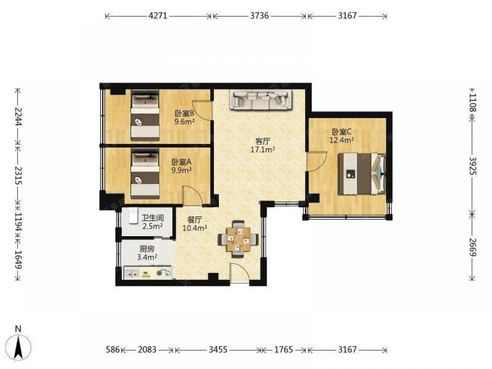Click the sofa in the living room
click(x=261, y=100)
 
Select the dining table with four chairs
click(x=239, y=239)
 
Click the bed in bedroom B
click(x=145, y=116)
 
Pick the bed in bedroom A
click(x=145, y=174)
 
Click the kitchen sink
click(x=132, y=273)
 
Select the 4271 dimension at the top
click(x=158, y=16)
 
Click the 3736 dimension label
click(x=259, y=16)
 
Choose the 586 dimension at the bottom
click(x=113, y=349)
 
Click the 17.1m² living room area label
click(x=263, y=150)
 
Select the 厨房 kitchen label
click(x=147, y=249)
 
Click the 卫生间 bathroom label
click(x=153, y=218)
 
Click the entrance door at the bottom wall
click(x=240, y=274)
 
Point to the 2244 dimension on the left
click(x=18, y=117)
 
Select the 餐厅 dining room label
click(x=194, y=220)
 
